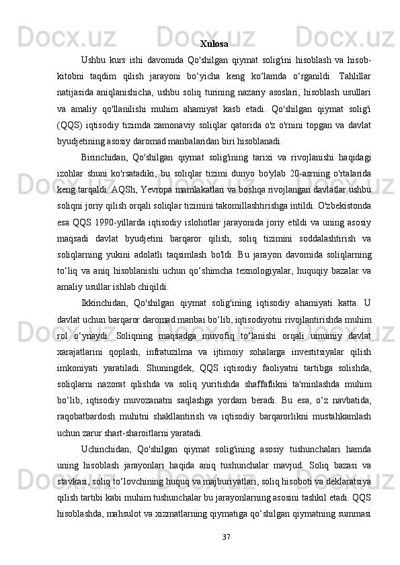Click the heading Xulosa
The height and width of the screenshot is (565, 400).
[x=214, y=44]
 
